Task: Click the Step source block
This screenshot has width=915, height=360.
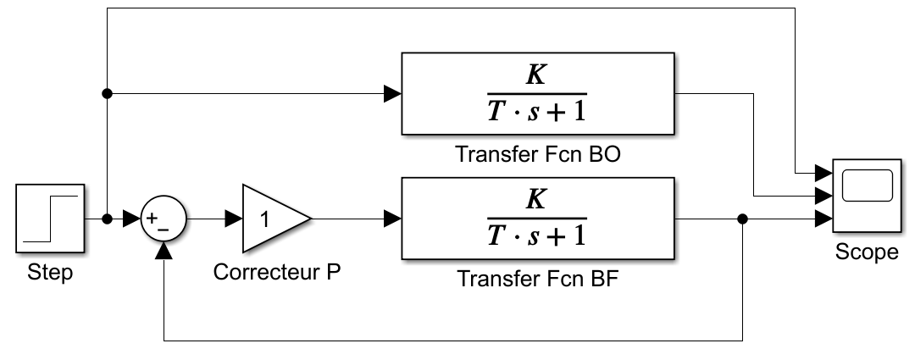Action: [50, 219]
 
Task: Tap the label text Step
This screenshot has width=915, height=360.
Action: [50, 273]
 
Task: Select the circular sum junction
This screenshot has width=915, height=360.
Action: [164, 219]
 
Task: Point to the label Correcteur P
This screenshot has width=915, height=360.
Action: [276, 272]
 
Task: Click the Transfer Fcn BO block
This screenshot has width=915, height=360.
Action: [538, 94]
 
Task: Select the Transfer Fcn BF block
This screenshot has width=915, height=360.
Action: [538, 219]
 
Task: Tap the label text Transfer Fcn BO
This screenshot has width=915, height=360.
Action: [537, 154]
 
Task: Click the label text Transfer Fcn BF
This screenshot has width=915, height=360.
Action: [537, 279]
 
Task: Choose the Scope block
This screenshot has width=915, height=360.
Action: [868, 196]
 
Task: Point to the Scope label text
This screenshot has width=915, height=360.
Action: [868, 252]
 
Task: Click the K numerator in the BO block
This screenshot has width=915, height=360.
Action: [535, 75]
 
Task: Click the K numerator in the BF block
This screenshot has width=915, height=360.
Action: [535, 200]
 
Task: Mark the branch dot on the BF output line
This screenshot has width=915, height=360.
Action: [742, 219]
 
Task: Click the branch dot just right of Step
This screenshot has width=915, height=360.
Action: [107, 219]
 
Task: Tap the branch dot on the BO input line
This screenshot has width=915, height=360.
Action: [107, 93]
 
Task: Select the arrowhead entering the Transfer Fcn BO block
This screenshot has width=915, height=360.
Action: [393, 93]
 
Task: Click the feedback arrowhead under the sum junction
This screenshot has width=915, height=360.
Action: [164, 251]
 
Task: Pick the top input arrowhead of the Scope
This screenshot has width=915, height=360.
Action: [823, 173]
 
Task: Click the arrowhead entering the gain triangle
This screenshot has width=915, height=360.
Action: [234, 219]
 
